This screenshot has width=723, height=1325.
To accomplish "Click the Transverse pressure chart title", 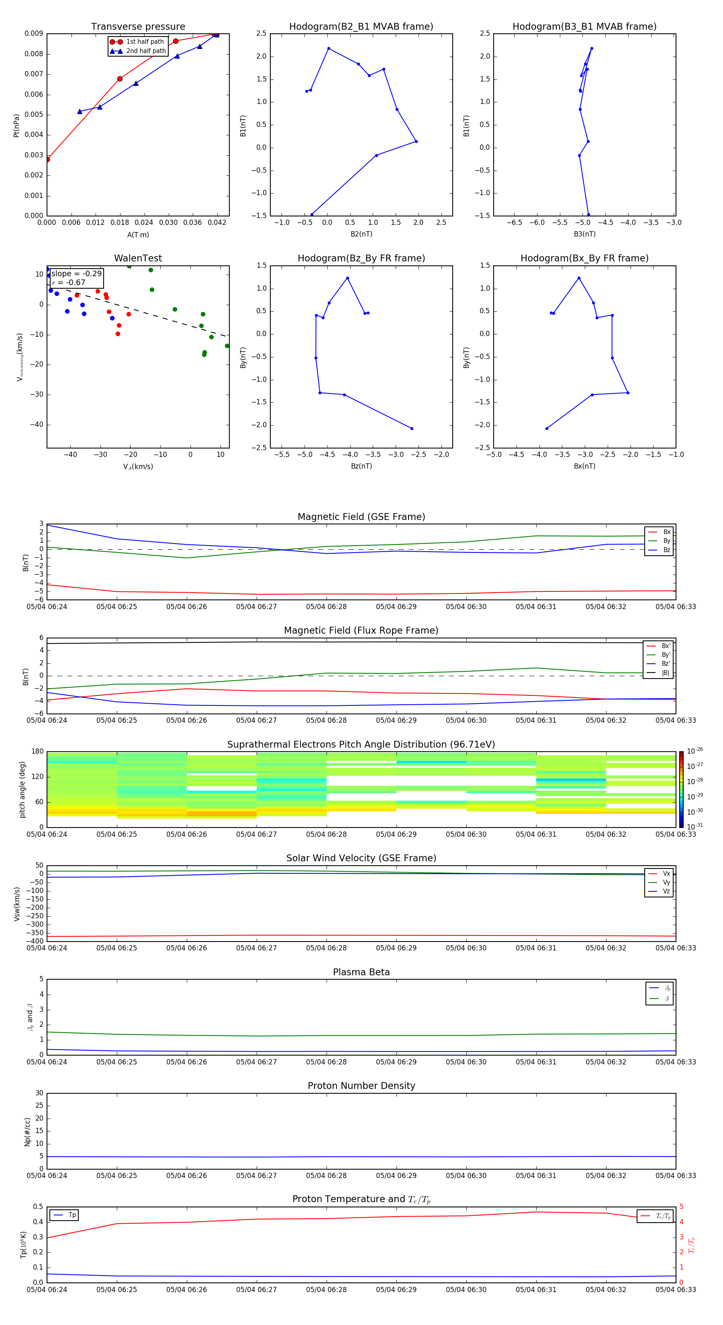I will (x=138, y=27).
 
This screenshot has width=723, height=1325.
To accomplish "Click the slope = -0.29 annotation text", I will (x=76, y=274).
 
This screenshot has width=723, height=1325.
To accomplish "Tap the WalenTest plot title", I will (x=138, y=258).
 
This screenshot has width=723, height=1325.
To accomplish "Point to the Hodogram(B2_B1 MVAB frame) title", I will (x=361, y=27).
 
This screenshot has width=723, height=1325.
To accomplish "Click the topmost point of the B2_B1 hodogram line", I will (x=329, y=48).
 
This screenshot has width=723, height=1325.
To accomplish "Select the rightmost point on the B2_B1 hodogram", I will (x=416, y=141).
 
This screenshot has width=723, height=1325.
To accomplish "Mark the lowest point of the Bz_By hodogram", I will (x=412, y=428).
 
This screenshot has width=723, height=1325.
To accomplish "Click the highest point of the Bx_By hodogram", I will (x=579, y=278).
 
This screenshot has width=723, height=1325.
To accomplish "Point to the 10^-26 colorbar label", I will (x=695, y=750).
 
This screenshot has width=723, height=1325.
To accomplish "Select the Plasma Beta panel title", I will (x=361, y=972).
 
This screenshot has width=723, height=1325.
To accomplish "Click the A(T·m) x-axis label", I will (x=138, y=234).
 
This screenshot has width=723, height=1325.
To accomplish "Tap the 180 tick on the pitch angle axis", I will (x=38, y=752).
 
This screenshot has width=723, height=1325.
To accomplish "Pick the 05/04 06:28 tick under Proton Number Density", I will (x=326, y=1175).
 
